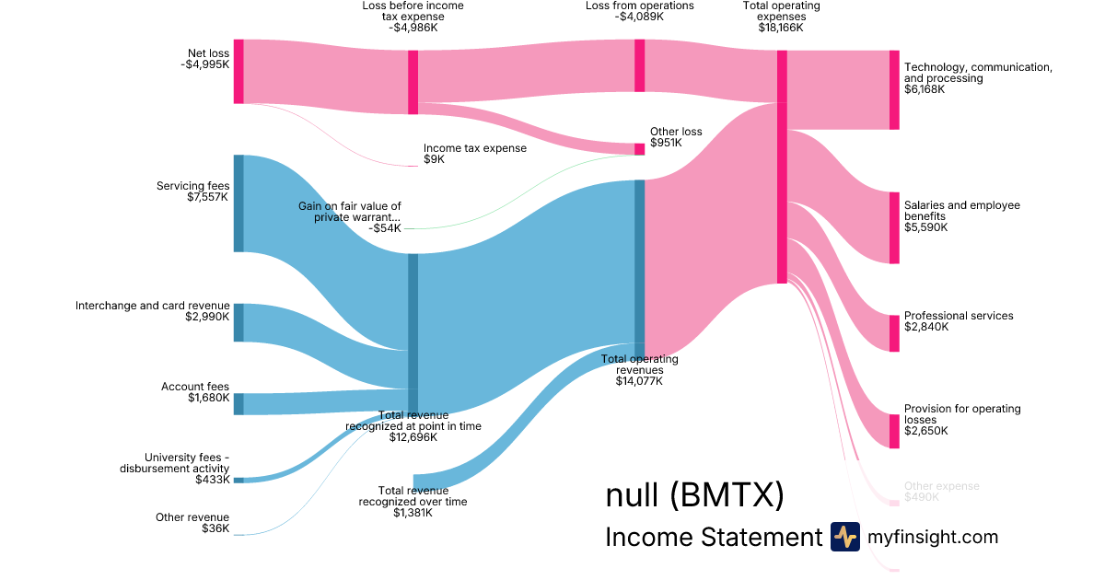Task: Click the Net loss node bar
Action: click(238, 71)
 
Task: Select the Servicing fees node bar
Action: click(238, 203)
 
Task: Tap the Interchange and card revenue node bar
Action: click(238, 322)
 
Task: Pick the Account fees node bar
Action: click(238, 403)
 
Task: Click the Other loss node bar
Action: click(639, 149)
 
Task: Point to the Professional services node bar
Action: click(894, 333)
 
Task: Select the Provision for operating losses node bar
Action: click(894, 431)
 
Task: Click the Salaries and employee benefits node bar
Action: click(894, 227)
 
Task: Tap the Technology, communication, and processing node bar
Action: click(894, 90)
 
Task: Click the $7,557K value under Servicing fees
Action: click(208, 197)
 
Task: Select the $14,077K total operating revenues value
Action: click(639, 381)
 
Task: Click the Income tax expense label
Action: click(475, 148)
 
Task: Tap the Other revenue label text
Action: click(192, 517)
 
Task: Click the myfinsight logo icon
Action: click(844, 537)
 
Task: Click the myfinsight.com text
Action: click(933, 537)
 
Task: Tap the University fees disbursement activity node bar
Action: click(238, 480)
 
